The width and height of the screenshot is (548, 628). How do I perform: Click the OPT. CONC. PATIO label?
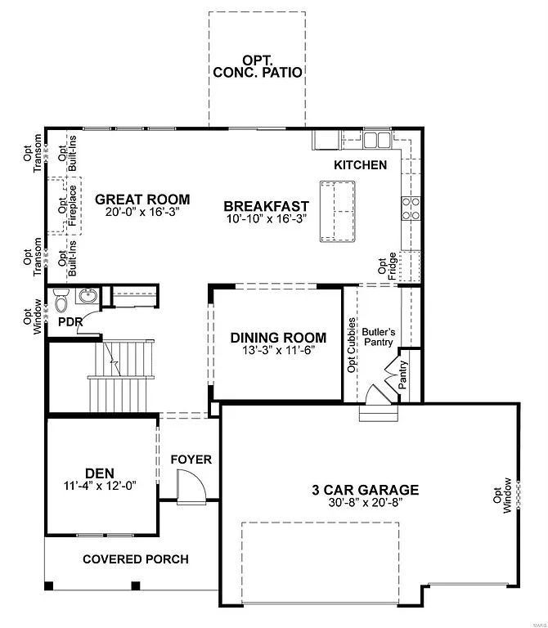point(258,65)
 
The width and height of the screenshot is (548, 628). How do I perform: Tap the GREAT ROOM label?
point(142,199)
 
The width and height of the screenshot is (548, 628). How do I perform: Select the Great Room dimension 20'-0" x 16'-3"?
point(142,211)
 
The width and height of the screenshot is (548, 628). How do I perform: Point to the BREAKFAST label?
point(266,206)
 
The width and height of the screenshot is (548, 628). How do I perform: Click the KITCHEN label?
point(361,165)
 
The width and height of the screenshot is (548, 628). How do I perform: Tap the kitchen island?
point(338,211)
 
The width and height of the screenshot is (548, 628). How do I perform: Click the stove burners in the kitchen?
point(410,209)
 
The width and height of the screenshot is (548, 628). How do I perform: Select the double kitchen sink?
point(376,141)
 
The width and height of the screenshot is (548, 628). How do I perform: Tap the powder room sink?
point(88,296)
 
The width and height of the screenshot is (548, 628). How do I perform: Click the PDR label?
point(70,322)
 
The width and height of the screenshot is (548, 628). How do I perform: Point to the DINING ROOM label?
point(278,338)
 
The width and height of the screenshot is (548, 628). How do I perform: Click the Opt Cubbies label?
point(352,344)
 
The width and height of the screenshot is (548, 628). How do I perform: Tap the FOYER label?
point(191,460)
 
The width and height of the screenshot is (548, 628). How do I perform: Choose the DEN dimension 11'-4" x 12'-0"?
point(99,485)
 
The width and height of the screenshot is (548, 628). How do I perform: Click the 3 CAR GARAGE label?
point(365,490)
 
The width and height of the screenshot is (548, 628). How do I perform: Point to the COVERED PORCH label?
point(136,559)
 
